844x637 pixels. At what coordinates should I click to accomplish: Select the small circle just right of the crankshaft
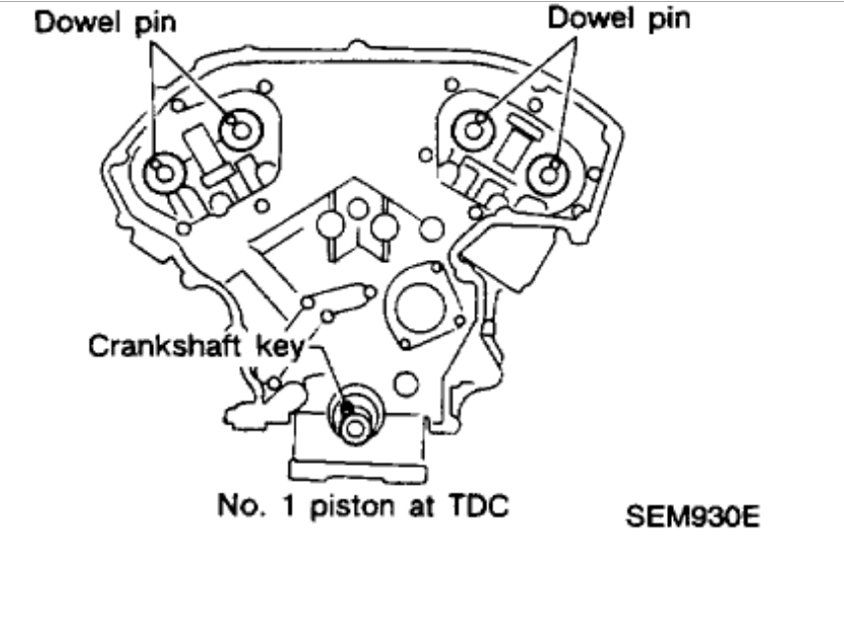(402, 380)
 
